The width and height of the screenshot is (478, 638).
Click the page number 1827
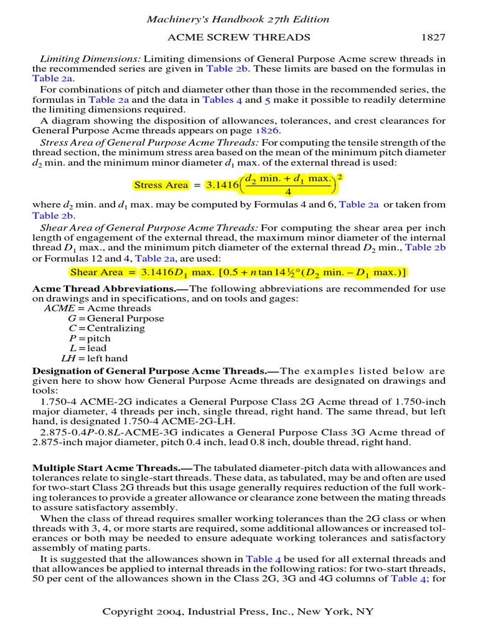(x=433, y=37)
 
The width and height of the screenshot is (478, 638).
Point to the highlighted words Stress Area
(x=161, y=185)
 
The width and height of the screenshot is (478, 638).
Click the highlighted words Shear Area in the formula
(x=96, y=272)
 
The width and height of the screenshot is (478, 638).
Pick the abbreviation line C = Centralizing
(x=106, y=328)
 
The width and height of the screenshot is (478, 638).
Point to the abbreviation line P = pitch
(x=90, y=338)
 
